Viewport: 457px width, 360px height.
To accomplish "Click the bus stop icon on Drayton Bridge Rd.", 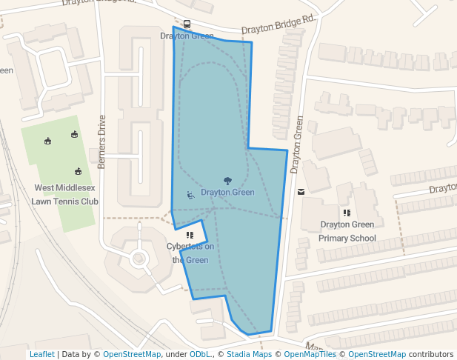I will pos(186,24).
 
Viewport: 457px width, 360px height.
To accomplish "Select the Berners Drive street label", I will pos(101,141).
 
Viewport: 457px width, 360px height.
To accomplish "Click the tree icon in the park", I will pos(227,180).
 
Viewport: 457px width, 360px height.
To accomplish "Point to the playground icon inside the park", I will pos(190,196).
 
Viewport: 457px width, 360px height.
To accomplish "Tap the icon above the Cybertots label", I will pos(190,235).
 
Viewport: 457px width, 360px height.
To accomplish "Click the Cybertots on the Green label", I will pos(190,253).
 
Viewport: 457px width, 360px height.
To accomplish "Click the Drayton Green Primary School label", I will pos(347,231).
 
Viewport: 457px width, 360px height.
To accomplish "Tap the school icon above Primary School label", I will pos(347,213).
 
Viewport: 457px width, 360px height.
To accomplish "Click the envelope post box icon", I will pos(301,191).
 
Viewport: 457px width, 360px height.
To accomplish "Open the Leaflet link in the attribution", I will pos(41,354).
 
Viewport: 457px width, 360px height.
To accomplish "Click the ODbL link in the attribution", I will pos(201,354).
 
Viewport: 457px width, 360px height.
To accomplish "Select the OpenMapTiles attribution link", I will pos(310,354).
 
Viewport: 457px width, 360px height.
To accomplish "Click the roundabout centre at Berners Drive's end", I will pos(138,259).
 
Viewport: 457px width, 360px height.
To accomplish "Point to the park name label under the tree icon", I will pos(227,193).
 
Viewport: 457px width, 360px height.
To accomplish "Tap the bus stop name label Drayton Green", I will pos(187,36).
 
